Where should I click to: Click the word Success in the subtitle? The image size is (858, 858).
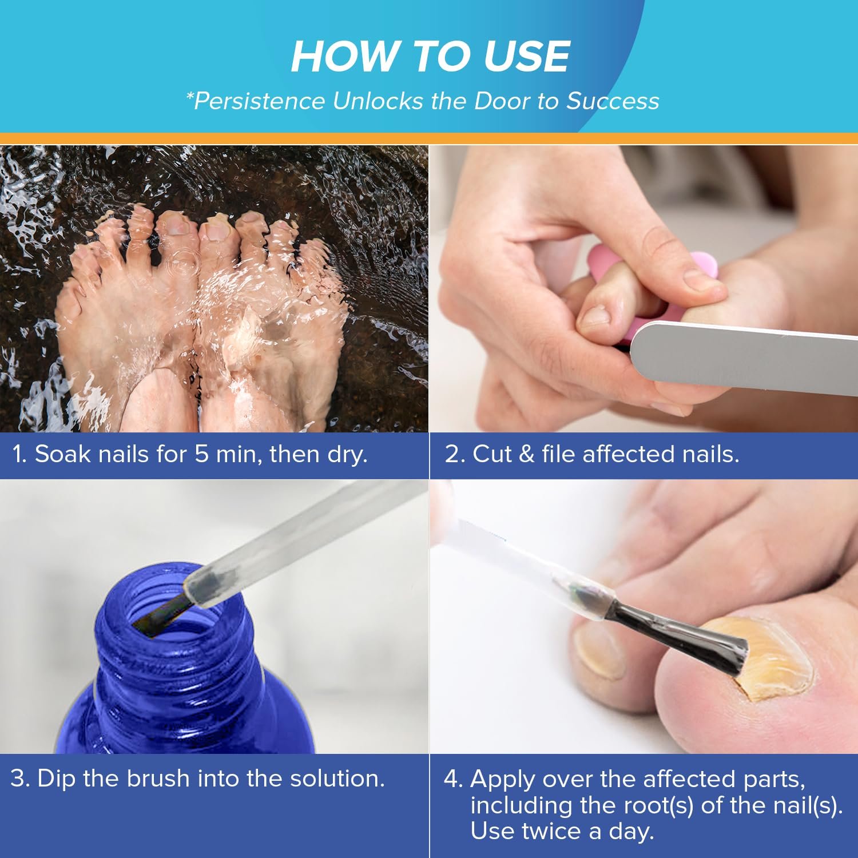click(613, 101)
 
